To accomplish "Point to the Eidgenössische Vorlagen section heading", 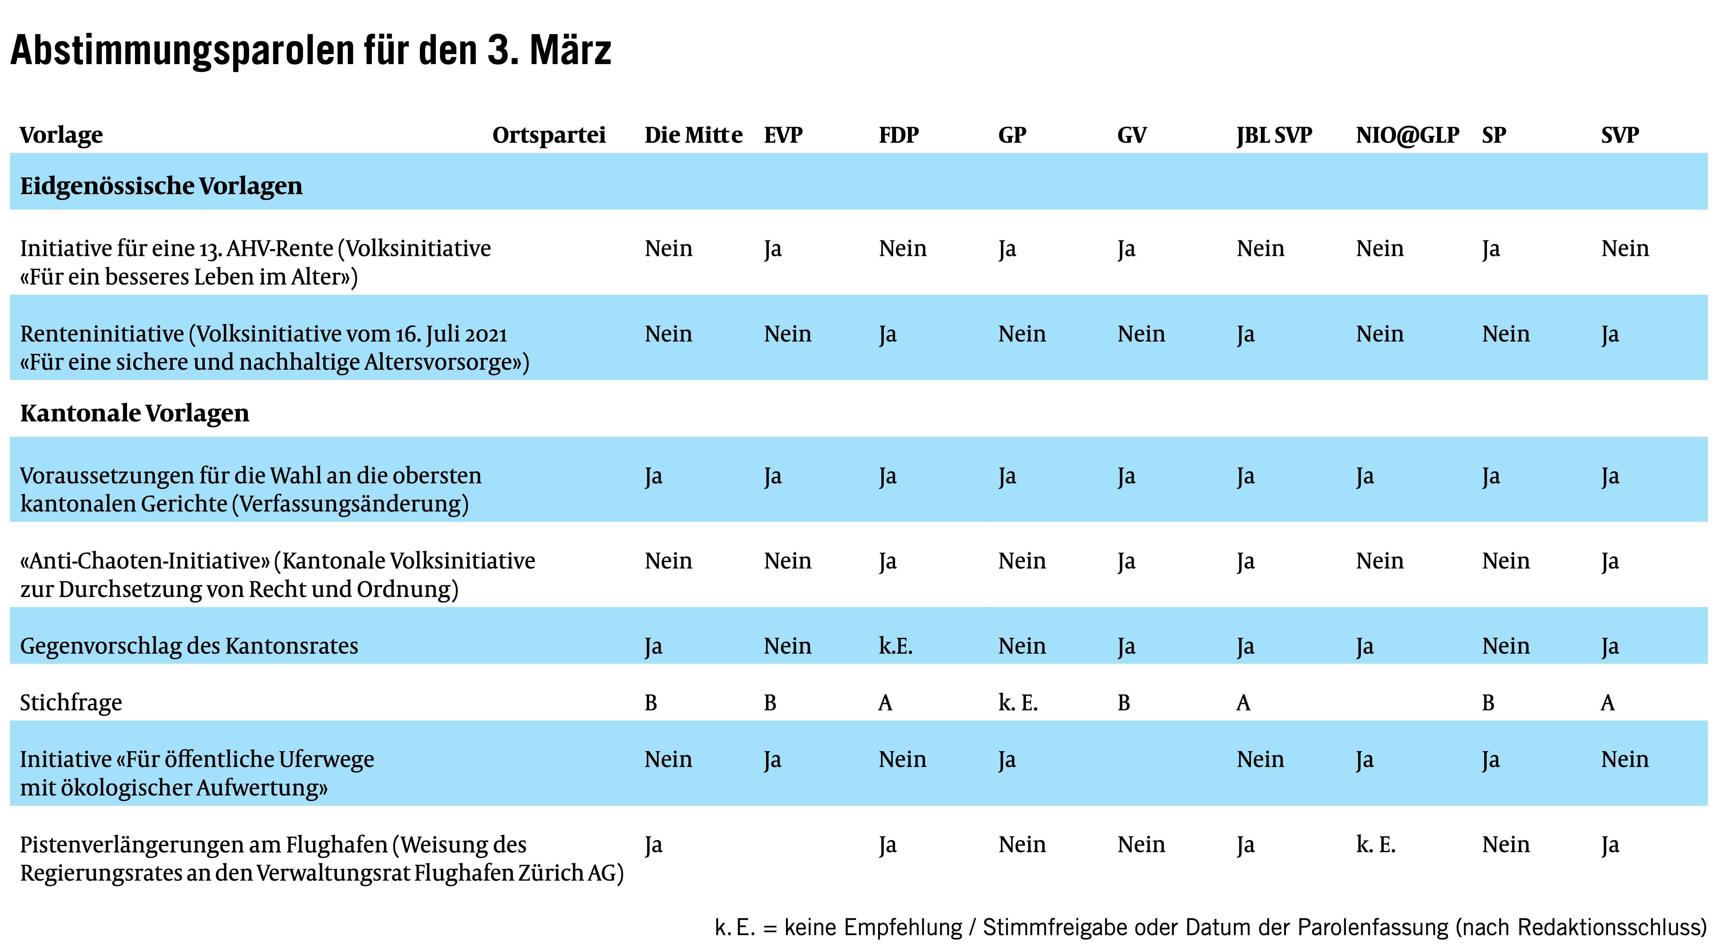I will click(x=161, y=186).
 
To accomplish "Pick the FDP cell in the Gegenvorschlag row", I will click(x=895, y=646).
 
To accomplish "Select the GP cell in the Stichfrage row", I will click(x=1017, y=702).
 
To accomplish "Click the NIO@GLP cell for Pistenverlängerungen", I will click(x=1375, y=845).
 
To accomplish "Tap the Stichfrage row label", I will click(x=71, y=702).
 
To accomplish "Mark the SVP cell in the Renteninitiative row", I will click(x=1609, y=334).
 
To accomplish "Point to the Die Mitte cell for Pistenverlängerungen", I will click(x=653, y=845).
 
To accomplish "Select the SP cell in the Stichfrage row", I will click(x=1488, y=702).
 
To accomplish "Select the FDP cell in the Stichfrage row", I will click(x=885, y=702).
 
